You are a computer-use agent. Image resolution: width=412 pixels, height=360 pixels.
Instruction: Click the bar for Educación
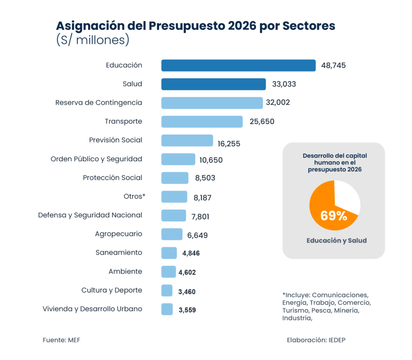tap(238, 65)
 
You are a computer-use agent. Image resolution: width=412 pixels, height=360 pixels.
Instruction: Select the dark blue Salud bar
tap(213, 84)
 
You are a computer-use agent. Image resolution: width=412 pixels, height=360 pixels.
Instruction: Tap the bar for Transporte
tap(202, 122)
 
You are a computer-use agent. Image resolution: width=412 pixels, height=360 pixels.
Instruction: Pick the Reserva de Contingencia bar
tap(212, 103)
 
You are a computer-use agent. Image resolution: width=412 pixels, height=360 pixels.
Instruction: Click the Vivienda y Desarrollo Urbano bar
tap(167, 309)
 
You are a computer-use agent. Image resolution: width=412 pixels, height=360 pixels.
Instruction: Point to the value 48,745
tap(334, 66)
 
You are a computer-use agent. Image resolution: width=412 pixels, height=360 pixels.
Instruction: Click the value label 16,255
tap(229, 144)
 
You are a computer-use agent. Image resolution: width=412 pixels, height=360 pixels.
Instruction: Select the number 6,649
tap(197, 235)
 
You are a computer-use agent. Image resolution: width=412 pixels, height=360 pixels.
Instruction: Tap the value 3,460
tap(186, 292)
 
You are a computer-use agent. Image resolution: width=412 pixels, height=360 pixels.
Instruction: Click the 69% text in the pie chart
tap(333, 216)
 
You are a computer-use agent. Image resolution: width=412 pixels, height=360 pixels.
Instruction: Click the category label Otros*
tap(134, 196)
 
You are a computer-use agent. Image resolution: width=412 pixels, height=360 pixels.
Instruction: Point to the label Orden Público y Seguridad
tap(96, 159)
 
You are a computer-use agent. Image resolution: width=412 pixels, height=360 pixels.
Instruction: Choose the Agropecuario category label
tap(118, 234)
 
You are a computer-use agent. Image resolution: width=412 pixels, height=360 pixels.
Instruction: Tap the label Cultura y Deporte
tap(112, 290)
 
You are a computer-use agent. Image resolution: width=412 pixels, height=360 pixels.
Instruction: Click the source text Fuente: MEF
tap(61, 340)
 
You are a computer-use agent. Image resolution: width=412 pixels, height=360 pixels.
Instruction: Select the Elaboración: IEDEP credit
tap(320, 340)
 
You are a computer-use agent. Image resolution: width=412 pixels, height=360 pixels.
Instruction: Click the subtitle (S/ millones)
tap(92, 40)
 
